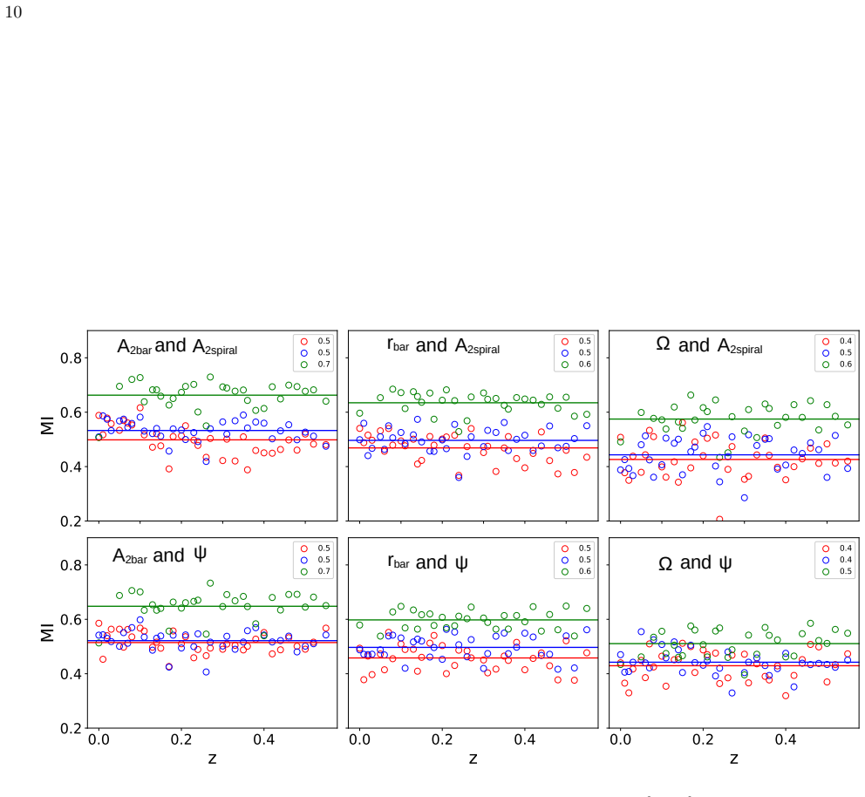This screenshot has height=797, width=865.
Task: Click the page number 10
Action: (x=13, y=12)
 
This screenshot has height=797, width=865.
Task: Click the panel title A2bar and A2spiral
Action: (x=177, y=346)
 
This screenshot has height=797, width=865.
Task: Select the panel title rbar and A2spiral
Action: (x=443, y=346)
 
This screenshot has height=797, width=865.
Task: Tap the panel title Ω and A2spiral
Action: (x=709, y=345)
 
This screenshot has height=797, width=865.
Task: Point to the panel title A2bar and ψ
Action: (x=160, y=555)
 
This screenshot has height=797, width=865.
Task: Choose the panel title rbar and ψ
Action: (x=427, y=562)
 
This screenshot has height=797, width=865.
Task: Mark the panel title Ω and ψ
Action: (x=695, y=562)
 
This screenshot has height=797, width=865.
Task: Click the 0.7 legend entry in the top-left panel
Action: (x=315, y=364)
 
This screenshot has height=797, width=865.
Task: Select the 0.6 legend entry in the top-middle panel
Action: (x=576, y=364)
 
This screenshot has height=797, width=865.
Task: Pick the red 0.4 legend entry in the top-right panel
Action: (x=837, y=341)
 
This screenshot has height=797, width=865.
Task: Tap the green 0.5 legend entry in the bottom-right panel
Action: (x=837, y=571)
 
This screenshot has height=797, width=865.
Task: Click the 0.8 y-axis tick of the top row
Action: (x=71, y=358)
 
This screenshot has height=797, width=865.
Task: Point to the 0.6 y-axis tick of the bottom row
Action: (x=71, y=620)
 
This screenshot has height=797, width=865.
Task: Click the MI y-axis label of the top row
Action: (x=47, y=426)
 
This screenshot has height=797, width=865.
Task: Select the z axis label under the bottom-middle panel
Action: (x=473, y=759)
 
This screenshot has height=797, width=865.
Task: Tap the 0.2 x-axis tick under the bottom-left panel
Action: (x=181, y=739)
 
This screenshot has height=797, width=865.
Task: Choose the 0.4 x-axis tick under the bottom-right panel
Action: (x=786, y=739)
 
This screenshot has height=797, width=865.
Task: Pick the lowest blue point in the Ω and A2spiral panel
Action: (x=744, y=498)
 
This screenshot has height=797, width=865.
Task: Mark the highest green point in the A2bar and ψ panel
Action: (x=210, y=583)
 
